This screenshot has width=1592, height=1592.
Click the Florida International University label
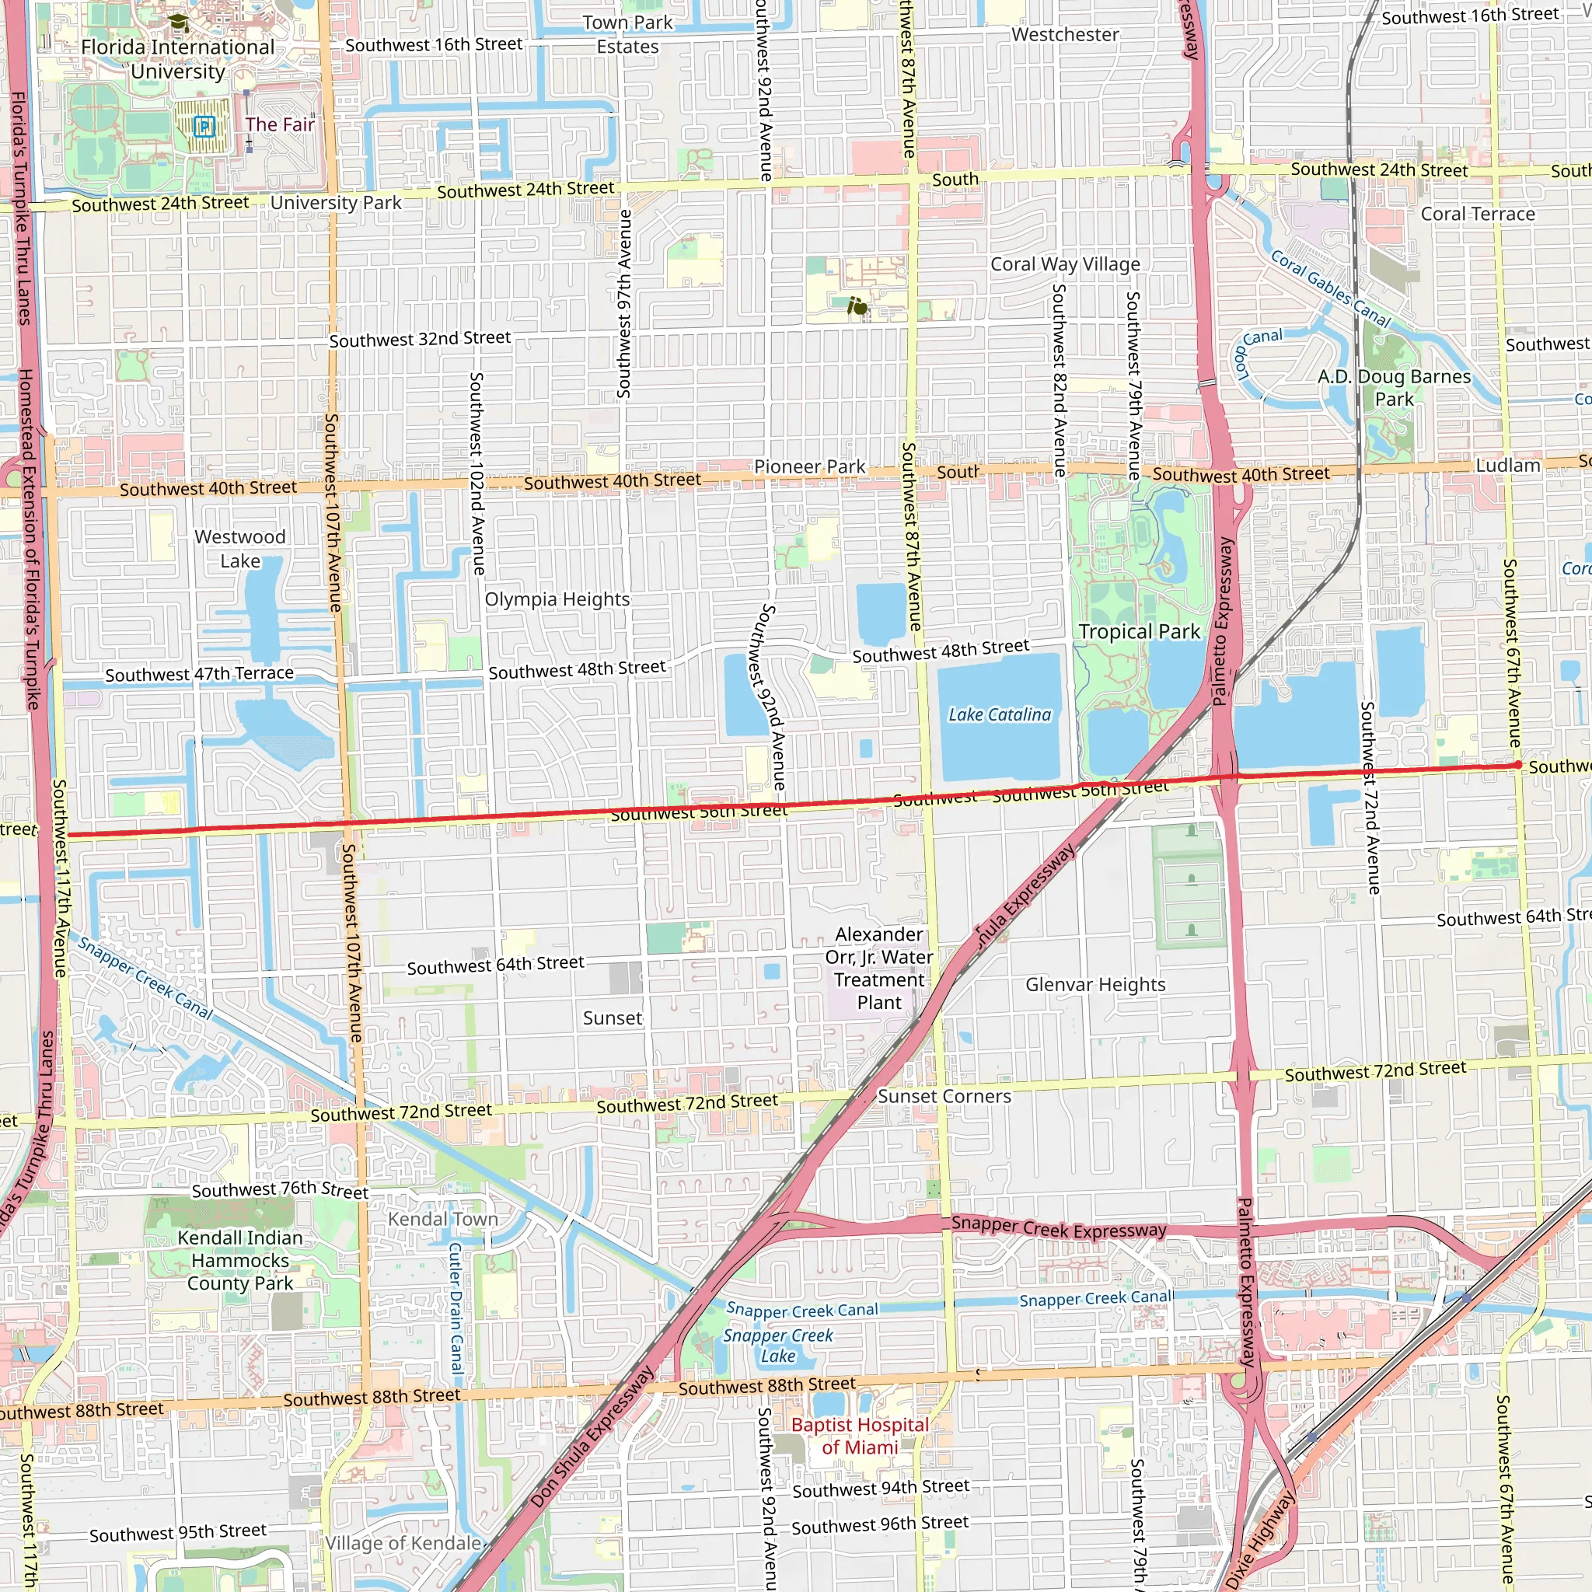[177, 59]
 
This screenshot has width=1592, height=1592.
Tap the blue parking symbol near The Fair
[204, 126]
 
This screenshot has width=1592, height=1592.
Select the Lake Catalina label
[1000, 714]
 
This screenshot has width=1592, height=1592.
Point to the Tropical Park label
[1139, 632]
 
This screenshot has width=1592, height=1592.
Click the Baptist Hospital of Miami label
[860, 1436]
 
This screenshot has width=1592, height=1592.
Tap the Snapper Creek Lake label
[778, 1345]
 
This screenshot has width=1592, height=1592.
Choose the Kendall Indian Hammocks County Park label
[239, 1260]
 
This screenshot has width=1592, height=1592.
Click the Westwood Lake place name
[239, 549]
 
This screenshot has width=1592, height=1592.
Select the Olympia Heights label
[557, 599]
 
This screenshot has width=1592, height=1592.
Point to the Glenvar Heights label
[1095, 985]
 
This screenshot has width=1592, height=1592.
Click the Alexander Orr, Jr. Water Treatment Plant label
[879, 969]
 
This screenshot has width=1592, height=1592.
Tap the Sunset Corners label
[944, 1096]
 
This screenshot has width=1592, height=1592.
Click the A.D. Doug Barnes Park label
[1395, 387]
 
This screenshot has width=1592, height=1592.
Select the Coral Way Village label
[1066, 264]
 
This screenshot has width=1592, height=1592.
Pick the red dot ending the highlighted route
[1518, 765]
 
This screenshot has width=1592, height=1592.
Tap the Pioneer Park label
[809, 466]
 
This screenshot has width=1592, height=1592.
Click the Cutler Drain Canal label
[456, 1307]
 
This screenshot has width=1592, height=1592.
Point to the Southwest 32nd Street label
[421, 339]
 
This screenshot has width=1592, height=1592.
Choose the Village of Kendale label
[403, 1542]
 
